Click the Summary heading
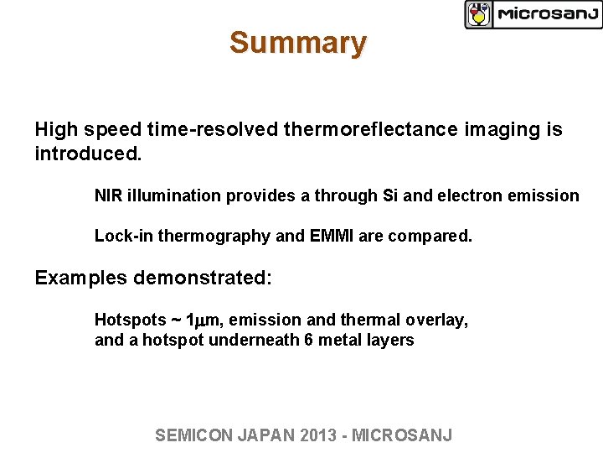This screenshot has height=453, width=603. pyautogui.click(x=297, y=43)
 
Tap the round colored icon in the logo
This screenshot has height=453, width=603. pyautogui.click(x=479, y=14)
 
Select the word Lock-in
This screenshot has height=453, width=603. pyautogui.click(x=122, y=237)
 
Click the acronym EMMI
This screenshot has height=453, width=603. pyautogui.click(x=332, y=237)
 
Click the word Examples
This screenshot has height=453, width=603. pyautogui.click(x=80, y=278)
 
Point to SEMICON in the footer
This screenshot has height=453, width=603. pyautogui.click(x=193, y=435)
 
